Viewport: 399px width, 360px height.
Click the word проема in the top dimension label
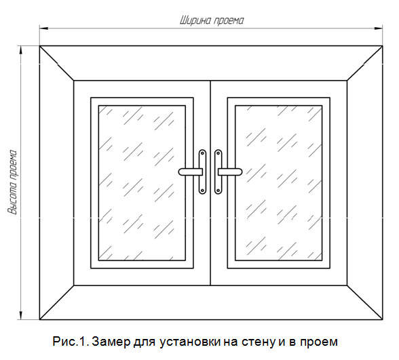click(x=228, y=22)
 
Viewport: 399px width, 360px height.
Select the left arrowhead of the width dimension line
click(x=43, y=28)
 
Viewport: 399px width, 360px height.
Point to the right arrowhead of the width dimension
click(x=378, y=28)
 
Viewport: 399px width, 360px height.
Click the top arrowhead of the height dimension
click(x=21, y=50)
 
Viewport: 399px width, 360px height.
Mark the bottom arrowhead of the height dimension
click(x=21, y=315)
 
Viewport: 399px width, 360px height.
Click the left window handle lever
click(x=190, y=172)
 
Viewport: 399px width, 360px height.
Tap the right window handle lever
click(x=230, y=172)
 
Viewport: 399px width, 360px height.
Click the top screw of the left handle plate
click(x=202, y=153)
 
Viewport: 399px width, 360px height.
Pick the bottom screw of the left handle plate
click(x=202, y=190)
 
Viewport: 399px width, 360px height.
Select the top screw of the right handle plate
click(x=218, y=153)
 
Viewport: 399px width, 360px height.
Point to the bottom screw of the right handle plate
click(x=218, y=190)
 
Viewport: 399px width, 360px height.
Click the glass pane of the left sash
click(x=142, y=183)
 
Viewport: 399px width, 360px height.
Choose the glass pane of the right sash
click(x=279, y=183)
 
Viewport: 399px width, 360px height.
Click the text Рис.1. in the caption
click(x=71, y=342)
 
